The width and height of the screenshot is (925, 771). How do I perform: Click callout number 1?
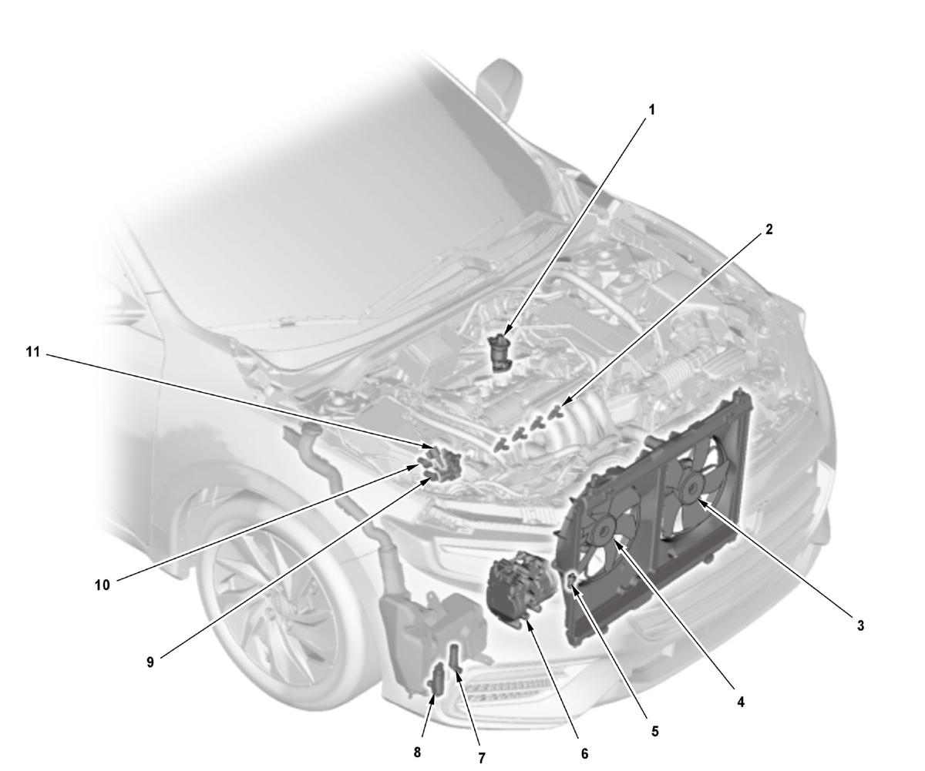651,110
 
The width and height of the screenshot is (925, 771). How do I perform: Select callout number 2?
769,229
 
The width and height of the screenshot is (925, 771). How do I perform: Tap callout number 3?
860,625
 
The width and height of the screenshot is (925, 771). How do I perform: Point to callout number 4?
740,702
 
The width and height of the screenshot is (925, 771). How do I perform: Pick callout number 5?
654,731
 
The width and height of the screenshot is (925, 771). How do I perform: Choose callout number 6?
585,753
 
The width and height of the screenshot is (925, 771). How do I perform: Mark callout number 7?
482,758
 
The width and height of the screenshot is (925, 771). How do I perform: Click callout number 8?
417,752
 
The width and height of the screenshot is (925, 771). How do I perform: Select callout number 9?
150,662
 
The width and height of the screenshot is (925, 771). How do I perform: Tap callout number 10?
102,585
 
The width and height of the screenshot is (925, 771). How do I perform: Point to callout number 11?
33,352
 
